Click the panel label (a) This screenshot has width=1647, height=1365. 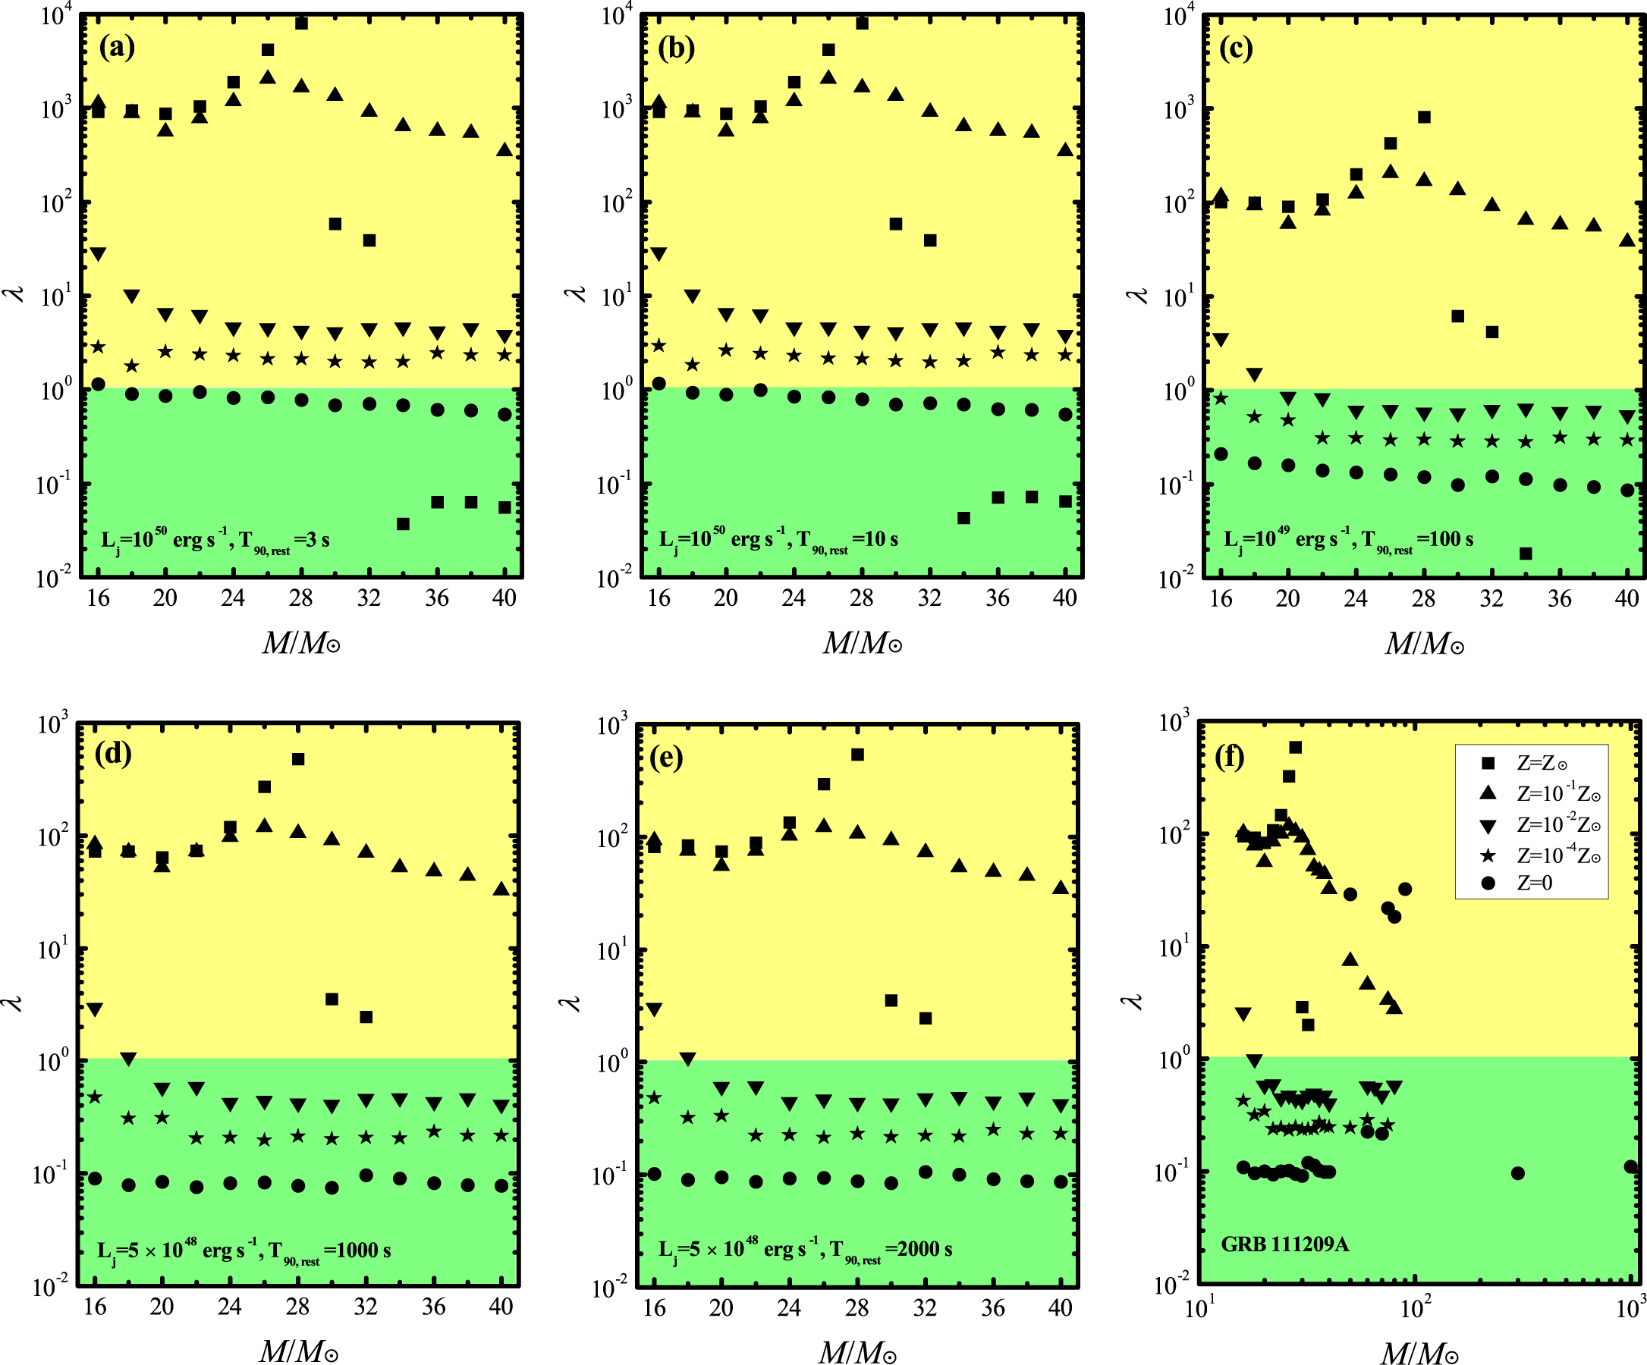[x=117, y=48]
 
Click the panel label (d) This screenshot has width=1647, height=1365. [x=113, y=754]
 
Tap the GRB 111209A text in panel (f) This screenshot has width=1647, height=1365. [x=1284, y=1244]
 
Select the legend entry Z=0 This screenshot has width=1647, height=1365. [x=1534, y=883]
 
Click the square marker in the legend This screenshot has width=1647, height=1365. [x=1488, y=763]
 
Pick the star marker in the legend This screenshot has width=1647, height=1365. [x=1488, y=855]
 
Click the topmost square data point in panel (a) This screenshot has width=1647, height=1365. [x=301, y=24]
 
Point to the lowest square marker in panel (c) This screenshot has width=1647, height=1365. [x=1526, y=554]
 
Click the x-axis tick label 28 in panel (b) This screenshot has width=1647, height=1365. [x=861, y=598]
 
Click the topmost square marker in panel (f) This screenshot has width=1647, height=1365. [x=1296, y=747]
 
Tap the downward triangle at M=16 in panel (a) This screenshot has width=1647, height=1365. [x=98, y=254]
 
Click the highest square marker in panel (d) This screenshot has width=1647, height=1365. [x=298, y=759]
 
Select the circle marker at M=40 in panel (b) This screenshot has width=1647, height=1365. [x=1065, y=414]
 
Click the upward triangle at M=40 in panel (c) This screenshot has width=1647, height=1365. [x=1627, y=240]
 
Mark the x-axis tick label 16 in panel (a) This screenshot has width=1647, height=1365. [x=98, y=598]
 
